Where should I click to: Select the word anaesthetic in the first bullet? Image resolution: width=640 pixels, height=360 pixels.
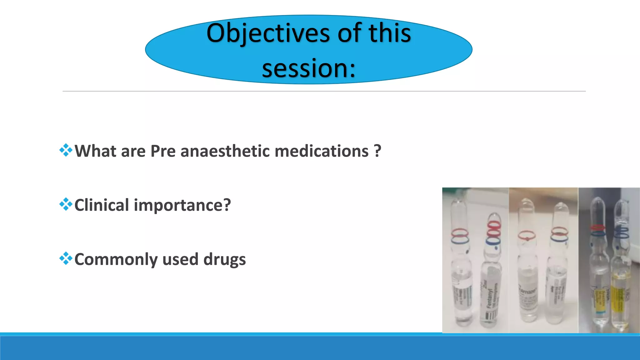coord(225,151)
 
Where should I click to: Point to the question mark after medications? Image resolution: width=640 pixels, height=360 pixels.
coord(377,151)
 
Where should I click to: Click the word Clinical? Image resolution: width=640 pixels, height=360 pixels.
coord(102,205)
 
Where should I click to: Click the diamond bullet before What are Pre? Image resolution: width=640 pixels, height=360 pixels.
coord(66,150)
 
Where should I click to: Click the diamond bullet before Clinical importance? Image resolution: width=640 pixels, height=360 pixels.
coord(66,205)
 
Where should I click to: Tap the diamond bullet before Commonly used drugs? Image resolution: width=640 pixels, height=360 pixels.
coord(66,259)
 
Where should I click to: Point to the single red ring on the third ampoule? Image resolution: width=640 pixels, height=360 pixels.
coord(527,235)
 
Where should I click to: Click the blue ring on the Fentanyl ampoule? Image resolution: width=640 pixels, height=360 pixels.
coord(493,242)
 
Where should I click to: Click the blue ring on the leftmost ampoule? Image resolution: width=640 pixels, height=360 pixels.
coord(460,240)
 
